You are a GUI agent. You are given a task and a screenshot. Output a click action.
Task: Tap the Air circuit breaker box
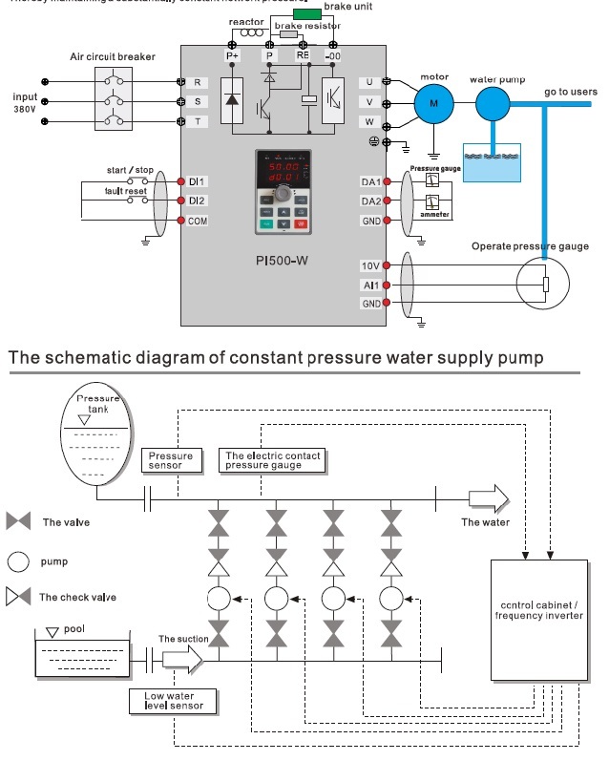113,98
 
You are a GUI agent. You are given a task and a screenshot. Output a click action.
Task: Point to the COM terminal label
198,221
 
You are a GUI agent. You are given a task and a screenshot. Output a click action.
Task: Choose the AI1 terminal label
370,285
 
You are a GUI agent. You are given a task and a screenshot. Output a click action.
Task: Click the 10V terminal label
370,265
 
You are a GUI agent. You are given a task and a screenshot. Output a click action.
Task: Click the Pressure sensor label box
171,460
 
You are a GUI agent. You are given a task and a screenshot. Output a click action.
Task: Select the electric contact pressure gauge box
272,460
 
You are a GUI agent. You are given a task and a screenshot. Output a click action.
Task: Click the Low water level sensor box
173,701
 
